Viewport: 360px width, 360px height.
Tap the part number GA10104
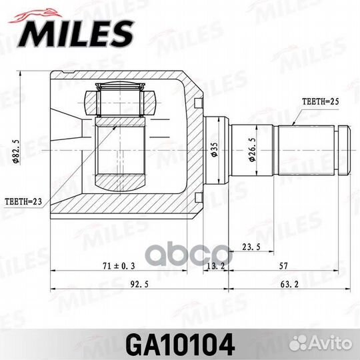click(x=180, y=344)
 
